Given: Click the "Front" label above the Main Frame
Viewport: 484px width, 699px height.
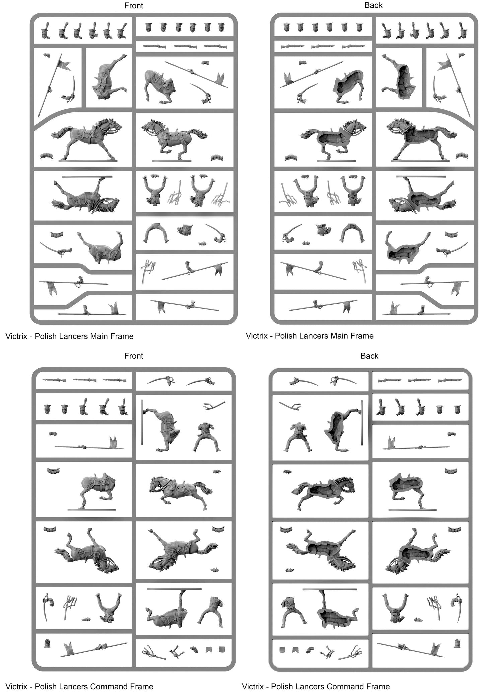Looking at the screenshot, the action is click(x=134, y=6).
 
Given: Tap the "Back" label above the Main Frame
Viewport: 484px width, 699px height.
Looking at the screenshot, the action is click(x=373, y=5).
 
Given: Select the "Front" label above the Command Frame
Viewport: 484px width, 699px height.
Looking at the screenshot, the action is click(x=134, y=356).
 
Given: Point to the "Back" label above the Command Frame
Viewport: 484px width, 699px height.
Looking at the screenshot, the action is click(x=369, y=356).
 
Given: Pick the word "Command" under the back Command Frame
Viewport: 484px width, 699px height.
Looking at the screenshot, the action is click(x=347, y=687).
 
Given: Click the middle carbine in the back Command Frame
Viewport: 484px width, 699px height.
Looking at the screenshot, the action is click(x=419, y=380).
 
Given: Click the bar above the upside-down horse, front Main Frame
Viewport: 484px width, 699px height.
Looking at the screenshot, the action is click(x=87, y=176).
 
